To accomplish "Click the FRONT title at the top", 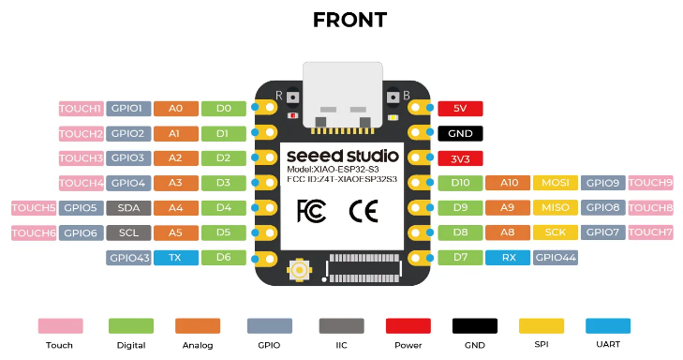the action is click(x=349, y=20).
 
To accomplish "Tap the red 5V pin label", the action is click(x=460, y=109).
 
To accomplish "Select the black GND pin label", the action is click(x=460, y=133).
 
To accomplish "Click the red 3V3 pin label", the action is click(x=460, y=158).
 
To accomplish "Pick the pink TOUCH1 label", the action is click(x=81, y=109).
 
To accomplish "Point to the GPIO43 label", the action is click(x=128, y=258).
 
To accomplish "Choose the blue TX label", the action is click(x=176, y=258).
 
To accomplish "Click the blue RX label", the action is click(x=508, y=258).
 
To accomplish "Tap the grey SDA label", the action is click(x=128, y=208).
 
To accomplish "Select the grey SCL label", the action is click(x=128, y=232).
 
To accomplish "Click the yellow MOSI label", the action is click(x=556, y=183).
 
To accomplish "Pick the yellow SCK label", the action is click(x=556, y=232).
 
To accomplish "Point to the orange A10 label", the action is click(x=508, y=183).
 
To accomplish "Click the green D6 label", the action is click(x=224, y=258).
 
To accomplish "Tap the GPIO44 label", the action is click(x=556, y=258).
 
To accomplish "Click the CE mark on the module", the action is click(x=364, y=211).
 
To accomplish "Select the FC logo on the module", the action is click(x=311, y=211).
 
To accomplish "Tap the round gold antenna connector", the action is click(x=299, y=270).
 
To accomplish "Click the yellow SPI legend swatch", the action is click(x=542, y=325).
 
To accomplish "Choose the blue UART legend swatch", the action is click(x=608, y=325).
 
